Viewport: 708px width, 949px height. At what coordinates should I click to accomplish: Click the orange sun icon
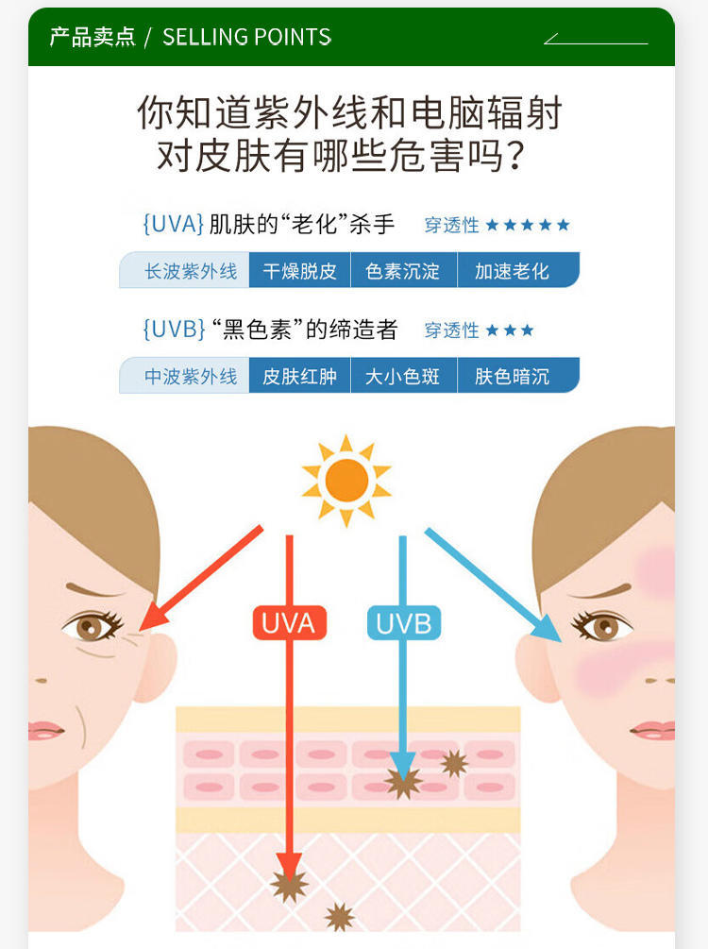[x=346, y=481]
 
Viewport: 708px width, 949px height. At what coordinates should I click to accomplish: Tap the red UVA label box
[x=289, y=623]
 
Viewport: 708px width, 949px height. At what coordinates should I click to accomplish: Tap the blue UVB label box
[x=404, y=623]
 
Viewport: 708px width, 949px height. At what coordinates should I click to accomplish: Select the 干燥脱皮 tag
[x=299, y=271]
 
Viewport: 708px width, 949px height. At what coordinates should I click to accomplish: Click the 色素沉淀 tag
[x=403, y=271]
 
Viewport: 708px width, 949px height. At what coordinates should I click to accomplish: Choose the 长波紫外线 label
[x=190, y=271]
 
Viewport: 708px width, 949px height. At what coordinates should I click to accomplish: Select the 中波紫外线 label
[x=190, y=376]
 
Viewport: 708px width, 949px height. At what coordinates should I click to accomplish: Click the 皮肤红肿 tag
[x=299, y=376]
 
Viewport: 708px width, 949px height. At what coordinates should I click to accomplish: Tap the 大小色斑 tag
[x=403, y=376]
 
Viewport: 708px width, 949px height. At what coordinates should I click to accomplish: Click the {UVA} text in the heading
[x=173, y=225]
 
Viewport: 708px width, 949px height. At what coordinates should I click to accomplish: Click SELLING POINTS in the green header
[x=247, y=37]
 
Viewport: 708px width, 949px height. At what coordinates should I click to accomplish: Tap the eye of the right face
[x=602, y=626]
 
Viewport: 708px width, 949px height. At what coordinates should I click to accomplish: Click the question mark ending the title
[x=515, y=156]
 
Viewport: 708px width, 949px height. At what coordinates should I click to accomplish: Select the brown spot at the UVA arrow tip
[x=289, y=884]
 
